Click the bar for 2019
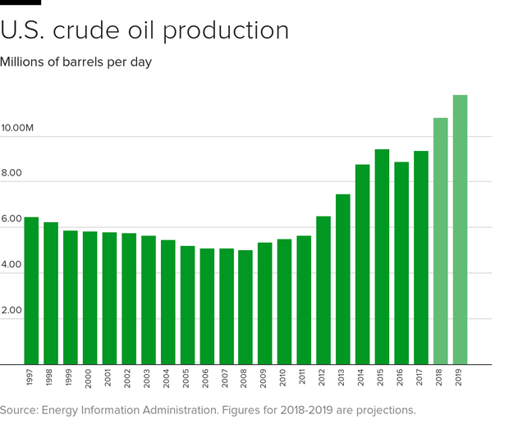point(460,230)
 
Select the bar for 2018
point(441,241)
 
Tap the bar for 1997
point(31,291)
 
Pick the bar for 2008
point(245,308)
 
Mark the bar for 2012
point(323,290)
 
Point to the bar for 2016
point(401,263)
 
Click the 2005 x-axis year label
point(188,379)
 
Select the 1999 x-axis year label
point(71,379)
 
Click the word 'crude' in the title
point(108,30)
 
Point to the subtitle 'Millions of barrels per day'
point(76,62)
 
